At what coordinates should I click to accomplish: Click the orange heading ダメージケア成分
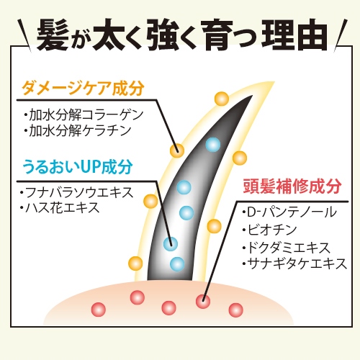[83, 89]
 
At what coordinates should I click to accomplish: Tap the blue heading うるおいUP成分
[78, 166]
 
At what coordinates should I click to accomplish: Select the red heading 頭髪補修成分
[292, 186]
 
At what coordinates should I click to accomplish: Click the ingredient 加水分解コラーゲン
[84, 114]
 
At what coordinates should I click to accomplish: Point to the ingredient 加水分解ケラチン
[78, 130]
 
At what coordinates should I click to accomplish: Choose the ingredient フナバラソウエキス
[77, 192]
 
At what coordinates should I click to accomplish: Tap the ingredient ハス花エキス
[60, 207]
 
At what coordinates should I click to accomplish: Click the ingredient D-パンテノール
[289, 212]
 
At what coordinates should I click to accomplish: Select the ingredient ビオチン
[269, 230]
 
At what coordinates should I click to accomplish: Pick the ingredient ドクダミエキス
[287, 248]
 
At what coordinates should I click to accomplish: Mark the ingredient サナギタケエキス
[294, 264]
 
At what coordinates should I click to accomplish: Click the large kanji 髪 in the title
[53, 35]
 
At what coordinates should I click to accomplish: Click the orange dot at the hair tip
[222, 99]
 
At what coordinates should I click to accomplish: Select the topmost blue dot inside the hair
[213, 145]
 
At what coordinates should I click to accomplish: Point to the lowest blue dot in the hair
[177, 264]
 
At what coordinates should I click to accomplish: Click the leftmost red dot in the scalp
[99, 310]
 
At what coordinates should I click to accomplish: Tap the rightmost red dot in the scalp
[236, 310]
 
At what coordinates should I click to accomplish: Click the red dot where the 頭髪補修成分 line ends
[203, 302]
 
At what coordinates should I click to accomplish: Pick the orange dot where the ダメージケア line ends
[177, 150]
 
